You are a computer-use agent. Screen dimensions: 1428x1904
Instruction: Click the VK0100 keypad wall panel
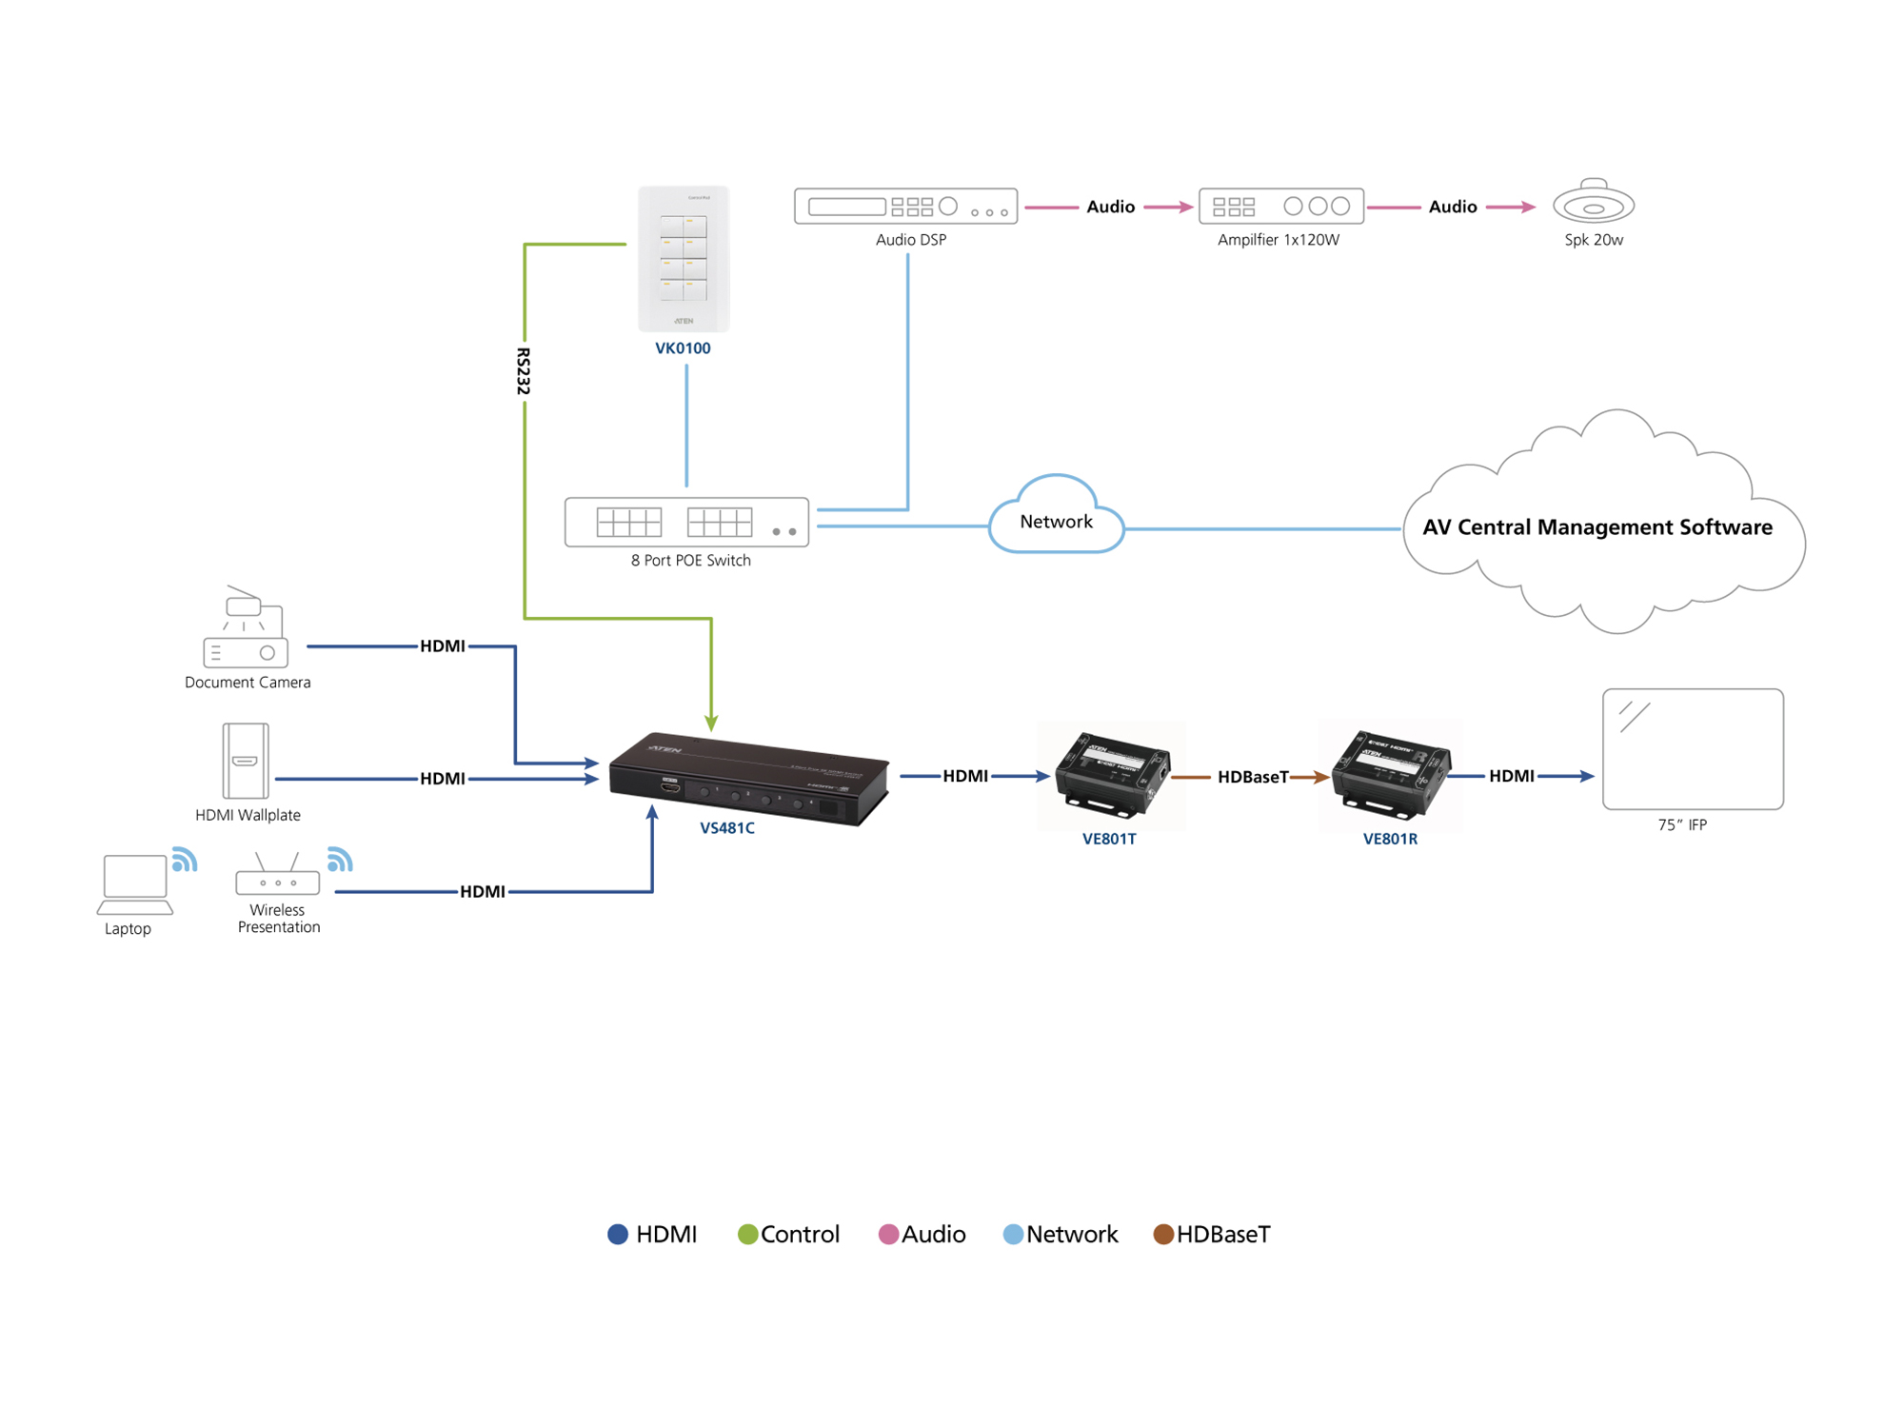click(x=684, y=258)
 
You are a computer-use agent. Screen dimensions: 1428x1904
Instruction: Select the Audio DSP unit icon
click(x=905, y=206)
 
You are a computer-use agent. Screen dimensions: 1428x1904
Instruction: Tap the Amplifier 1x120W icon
click(x=1280, y=206)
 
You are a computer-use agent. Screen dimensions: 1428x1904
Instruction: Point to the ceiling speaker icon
click(x=1593, y=203)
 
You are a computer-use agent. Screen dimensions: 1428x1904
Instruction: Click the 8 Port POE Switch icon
click(x=686, y=522)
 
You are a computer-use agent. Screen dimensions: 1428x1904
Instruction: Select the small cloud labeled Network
click(x=1056, y=519)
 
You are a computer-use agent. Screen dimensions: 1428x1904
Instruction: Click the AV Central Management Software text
click(x=1597, y=527)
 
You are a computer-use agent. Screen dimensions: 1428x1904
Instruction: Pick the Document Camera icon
click(x=245, y=629)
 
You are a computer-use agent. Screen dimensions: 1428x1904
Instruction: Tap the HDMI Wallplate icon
click(x=245, y=761)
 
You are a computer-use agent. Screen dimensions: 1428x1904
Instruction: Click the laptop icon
click(x=134, y=883)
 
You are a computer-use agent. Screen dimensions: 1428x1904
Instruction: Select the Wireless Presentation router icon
click(x=277, y=877)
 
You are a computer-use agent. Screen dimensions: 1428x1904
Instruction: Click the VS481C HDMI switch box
click(x=749, y=778)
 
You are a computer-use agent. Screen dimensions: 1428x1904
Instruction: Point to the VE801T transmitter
click(x=1111, y=773)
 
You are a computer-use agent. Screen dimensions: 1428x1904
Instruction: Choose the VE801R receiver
click(x=1390, y=773)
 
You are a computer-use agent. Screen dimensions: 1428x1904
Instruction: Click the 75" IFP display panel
click(x=1692, y=749)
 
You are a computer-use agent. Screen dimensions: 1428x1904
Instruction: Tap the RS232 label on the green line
click(x=523, y=371)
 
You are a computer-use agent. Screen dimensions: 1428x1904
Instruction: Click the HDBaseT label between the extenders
click(x=1252, y=777)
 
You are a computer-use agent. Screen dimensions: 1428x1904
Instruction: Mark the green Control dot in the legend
click(x=747, y=1234)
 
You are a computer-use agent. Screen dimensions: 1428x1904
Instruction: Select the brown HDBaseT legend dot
click(x=1162, y=1234)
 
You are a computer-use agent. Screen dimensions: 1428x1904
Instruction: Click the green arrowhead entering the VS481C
click(x=711, y=724)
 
